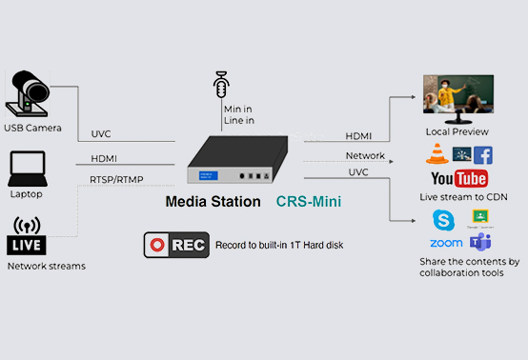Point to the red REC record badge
[x=176, y=245]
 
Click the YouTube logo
[x=459, y=178]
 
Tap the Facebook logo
[x=482, y=155]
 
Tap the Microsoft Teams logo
[x=479, y=242]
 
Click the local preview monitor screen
[x=458, y=97]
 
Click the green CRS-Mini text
[x=309, y=202]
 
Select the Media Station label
[x=212, y=202]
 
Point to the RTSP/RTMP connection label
[x=117, y=178]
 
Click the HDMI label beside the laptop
[x=105, y=158]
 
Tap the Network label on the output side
[x=365, y=155]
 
